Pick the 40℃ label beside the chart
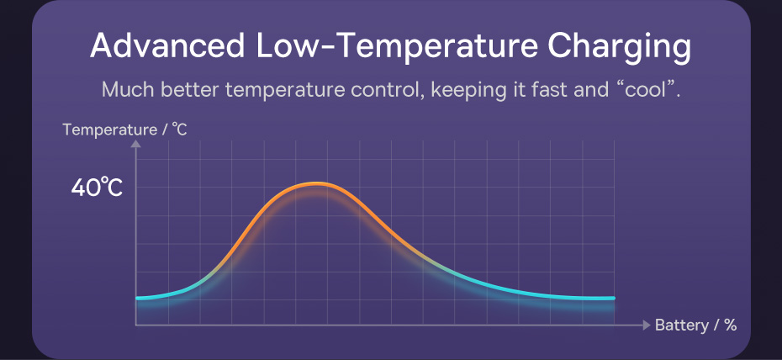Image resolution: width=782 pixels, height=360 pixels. pos(97,188)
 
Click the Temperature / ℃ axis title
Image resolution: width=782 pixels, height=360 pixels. pos(125,130)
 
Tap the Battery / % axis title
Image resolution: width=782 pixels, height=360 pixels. pos(695,325)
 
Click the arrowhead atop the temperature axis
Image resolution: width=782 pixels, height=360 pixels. pos(136,145)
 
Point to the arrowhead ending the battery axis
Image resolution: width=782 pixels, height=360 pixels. pos(646,325)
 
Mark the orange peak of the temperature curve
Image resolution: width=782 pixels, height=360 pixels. pos(317,183)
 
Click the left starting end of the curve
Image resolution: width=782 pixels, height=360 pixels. pos(138,298)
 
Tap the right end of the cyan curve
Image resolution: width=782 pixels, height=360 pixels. pos(613,298)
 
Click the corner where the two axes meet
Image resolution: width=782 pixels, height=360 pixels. pos(136,325)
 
